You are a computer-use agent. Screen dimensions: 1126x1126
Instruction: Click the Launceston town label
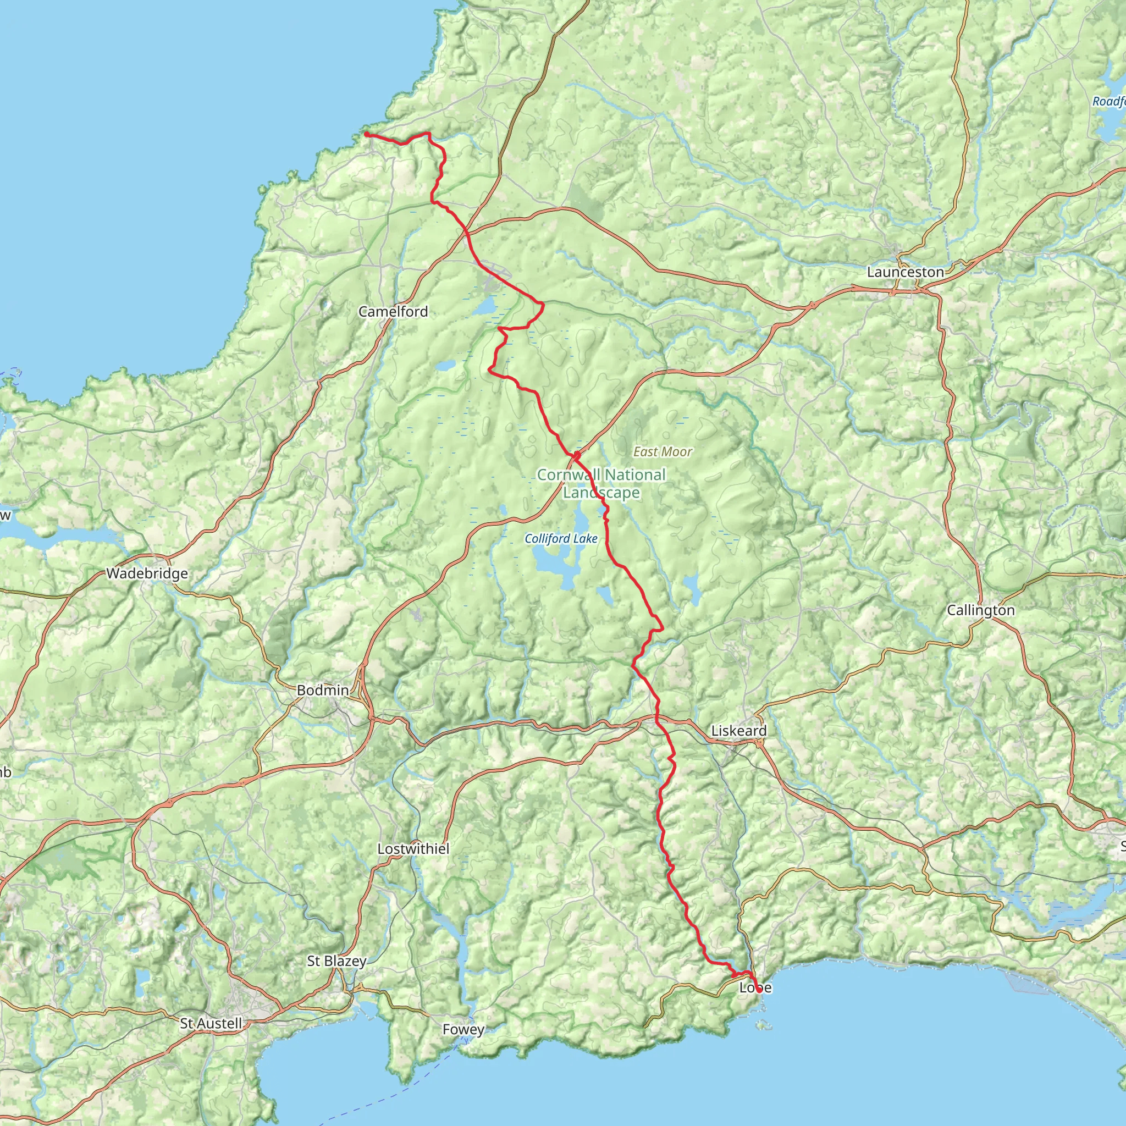click(x=905, y=272)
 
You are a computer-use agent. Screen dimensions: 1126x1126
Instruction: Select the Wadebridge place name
click(x=147, y=573)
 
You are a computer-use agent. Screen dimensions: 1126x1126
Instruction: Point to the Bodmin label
click(x=323, y=690)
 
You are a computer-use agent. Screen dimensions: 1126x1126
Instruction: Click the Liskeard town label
click(x=738, y=731)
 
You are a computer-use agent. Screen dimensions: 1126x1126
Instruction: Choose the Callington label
click(x=981, y=610)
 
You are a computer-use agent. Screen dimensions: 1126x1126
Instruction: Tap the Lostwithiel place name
click(x=413, y=848)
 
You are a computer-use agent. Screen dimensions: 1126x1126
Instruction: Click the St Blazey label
click(x=336, y=961)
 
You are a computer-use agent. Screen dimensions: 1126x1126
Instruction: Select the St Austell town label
click(x=211, y=1023)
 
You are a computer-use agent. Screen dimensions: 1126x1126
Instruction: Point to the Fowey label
click(x=463, y=1029)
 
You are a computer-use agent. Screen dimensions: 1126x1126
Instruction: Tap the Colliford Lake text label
click(x=561, y=538)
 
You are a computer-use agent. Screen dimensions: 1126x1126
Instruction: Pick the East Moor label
click(x=663, y=452)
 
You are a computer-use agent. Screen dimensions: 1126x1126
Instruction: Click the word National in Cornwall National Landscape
click(x=634, y=475)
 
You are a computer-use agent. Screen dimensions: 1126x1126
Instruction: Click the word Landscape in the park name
click(x=601, y=493)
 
